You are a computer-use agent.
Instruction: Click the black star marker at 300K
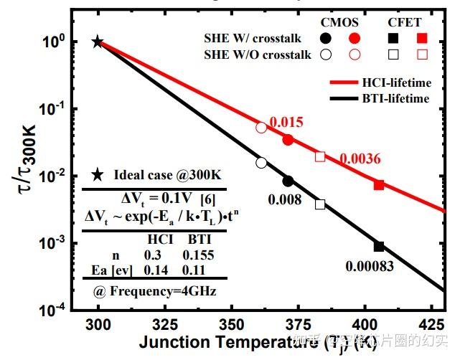click(x=98, y=42)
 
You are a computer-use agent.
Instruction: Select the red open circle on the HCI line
click(x=261, y=128)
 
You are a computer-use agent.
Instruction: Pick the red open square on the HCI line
click(x=320, y=156)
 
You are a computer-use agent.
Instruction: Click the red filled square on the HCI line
click(x=379, y=185)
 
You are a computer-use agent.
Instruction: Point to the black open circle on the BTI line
click(x=261, y=163)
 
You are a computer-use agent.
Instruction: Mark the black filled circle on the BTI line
click(x=288, y=181)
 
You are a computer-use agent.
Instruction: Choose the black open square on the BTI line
click(x=320, y=204)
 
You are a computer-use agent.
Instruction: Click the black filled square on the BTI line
click(x=379, y=247)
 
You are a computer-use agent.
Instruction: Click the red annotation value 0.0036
click(x=360, y=159)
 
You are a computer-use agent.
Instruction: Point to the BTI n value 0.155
click(x=198, y=255)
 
